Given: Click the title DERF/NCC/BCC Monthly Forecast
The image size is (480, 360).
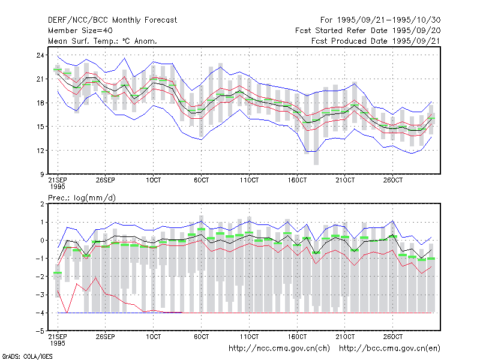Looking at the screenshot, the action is [x=112, y=20].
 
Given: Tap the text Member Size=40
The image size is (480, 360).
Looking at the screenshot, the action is [x=80, y=31].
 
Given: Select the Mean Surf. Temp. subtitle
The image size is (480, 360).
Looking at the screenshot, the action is [x=103, y=41].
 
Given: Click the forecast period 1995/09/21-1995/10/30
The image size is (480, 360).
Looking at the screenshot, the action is [x=380, y=20].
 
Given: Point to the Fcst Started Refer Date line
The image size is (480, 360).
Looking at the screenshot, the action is [x=368, y=31].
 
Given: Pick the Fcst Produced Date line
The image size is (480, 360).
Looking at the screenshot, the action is [x=376, y=41].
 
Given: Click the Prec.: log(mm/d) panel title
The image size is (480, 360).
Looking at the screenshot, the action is [x=82, y=198].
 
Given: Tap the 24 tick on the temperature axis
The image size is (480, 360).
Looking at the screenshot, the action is [x=40, y=55].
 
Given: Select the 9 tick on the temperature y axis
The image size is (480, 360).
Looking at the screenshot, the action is [x=42, y=175].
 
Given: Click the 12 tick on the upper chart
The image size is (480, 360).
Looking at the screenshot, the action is [x=40, y=151].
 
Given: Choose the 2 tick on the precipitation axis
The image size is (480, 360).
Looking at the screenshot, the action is [x=42, y=204].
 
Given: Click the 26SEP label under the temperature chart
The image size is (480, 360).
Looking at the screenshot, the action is [x=106, y=180].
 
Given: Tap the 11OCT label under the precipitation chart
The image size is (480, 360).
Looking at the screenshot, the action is [x=249, y=337].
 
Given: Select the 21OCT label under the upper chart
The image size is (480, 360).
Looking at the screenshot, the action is [x=345, y=180].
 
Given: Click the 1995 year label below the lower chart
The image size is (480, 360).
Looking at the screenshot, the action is [x=58, y=343].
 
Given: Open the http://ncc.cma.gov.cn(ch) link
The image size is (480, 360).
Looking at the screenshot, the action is [x=279, y=349].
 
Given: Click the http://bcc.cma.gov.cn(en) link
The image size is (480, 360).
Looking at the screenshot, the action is [x=389, y=349].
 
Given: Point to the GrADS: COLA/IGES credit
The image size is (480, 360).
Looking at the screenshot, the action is [x=27, y=356].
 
